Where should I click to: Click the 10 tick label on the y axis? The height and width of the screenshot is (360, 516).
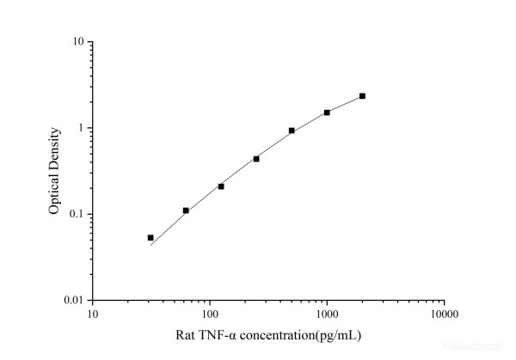(77, 42)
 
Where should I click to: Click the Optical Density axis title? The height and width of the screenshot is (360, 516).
(54, 171)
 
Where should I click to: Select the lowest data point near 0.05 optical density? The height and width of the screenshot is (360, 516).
(150, 237)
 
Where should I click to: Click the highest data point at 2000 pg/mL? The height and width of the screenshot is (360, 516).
(362, 96)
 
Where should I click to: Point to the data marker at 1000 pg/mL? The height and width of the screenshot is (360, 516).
(327, 113)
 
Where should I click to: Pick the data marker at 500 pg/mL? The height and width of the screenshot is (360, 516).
(292, 131)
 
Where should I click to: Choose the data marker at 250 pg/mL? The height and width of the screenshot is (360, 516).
(256, 159)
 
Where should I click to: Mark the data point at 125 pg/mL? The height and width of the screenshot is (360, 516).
(221, 186)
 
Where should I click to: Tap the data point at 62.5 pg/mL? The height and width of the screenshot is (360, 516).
(186, 211)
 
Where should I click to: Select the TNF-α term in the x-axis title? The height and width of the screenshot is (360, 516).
(220, 334)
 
